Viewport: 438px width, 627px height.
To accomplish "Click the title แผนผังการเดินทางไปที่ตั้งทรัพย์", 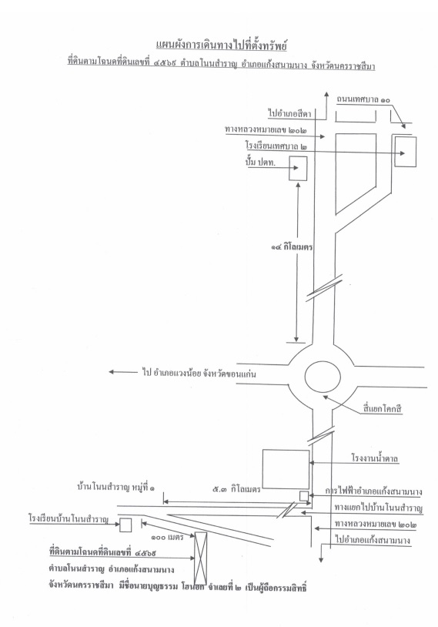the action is [x=222, y=45].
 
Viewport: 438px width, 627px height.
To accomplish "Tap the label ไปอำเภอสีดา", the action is [x=290, y=113].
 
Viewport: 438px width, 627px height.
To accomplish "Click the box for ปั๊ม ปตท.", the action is [x=298, y=169].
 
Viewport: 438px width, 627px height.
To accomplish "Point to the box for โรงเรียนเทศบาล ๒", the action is [x=406, y=152].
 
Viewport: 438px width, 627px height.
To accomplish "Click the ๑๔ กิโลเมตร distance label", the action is [x=292, y=247].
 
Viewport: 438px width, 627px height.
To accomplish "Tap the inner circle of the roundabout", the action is [x=323, y=377].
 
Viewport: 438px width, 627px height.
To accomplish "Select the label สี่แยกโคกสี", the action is [x=382, y=409].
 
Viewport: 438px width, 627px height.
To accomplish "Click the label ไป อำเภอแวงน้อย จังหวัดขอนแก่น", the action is [x=199, y=374].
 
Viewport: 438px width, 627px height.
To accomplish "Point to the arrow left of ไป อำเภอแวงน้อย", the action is [x=123, y=372].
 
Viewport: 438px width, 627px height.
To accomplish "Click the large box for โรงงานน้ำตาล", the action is [x=286, y=469].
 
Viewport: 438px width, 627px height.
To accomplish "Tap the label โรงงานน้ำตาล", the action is [x=375, y=458].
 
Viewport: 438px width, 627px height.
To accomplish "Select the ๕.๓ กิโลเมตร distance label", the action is [x=236, y=488].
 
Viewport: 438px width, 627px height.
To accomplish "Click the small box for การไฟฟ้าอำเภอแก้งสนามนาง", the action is [x=304, y=496].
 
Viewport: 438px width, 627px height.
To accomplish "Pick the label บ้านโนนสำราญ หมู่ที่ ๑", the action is [x=115, y=488].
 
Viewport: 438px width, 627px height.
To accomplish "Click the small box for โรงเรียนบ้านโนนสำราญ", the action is [x=125, y=525].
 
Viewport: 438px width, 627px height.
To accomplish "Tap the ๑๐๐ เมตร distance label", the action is [x=166, y=537].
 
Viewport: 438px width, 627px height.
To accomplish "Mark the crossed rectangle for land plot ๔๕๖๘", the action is [x=201, y=558].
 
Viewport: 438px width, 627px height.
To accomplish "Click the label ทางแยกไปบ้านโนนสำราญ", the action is [x=379, y=508].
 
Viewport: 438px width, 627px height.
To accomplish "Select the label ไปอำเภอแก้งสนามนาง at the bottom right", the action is [x=373, y=540].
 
